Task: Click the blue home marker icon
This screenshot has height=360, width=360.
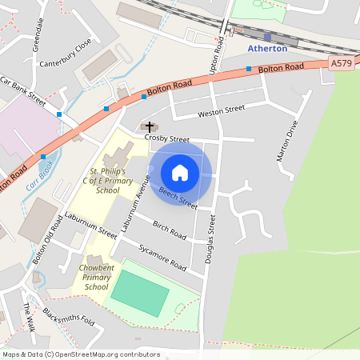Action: pos(180,172)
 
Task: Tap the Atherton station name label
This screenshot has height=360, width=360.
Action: pos(268,49)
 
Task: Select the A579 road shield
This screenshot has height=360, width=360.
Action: pos(341,63)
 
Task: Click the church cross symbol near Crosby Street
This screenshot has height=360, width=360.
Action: pos(149,126)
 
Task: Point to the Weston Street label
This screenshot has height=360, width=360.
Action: pos(222,110)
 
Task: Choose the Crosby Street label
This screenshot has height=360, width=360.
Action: pos(166,138)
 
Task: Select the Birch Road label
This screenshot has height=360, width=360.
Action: pos(169,230)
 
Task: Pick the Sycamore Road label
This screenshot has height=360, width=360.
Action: pos(162,257)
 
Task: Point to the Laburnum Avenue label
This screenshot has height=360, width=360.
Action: pos(134,204)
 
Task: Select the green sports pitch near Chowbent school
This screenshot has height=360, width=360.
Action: pos(140,293)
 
